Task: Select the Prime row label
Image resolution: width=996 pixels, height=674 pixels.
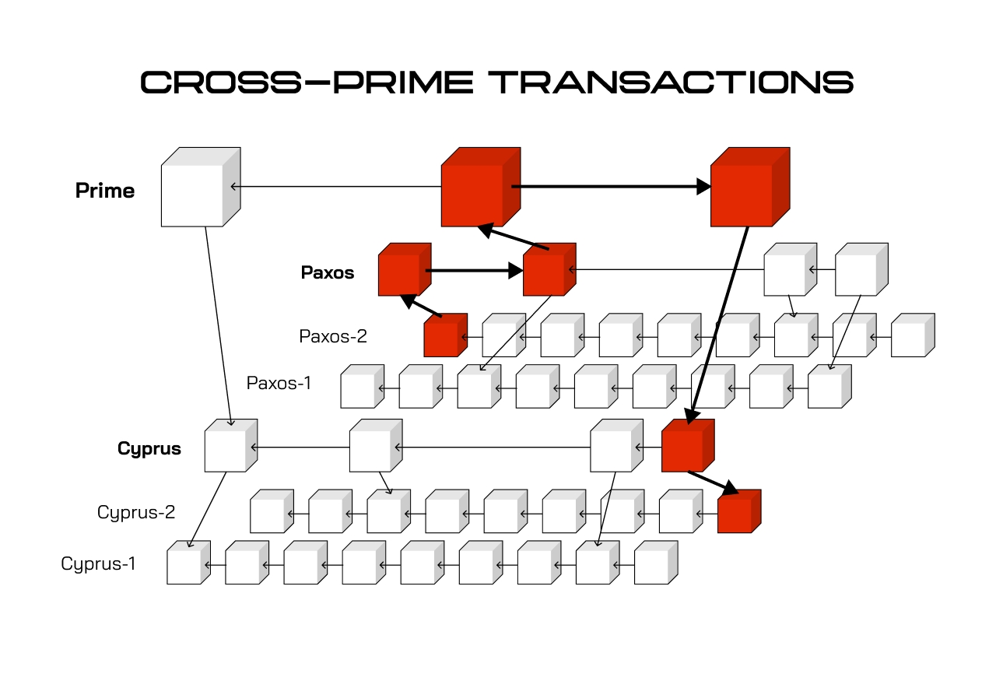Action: [x=105, y=191]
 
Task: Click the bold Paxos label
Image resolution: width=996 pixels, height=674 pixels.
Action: [x=328, y=272]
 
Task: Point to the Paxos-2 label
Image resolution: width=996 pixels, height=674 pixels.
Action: [x=333, y=336]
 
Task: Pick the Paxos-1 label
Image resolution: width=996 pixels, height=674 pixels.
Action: [x=279, y=383]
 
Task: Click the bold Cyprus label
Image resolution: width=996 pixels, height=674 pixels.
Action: [x=149, y=448]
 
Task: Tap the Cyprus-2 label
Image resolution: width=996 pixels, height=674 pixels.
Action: [x=136, y=512]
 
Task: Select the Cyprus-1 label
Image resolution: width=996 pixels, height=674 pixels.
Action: [x=99, y=563]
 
